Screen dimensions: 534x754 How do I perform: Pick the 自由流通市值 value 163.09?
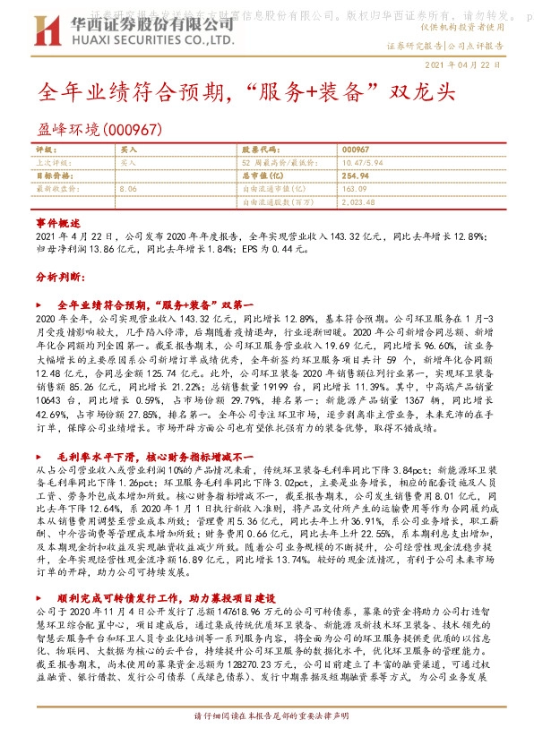(355, 190)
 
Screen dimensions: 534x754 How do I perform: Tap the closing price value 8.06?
(127, 190)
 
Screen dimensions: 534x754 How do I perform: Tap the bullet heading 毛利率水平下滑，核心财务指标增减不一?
(144, 456)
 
